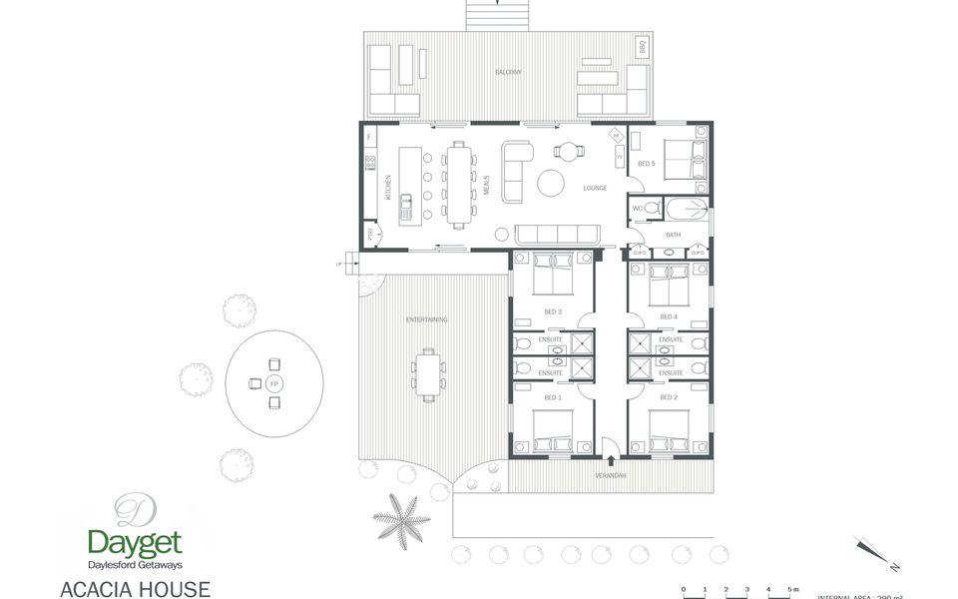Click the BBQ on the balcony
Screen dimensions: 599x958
pos(643,46)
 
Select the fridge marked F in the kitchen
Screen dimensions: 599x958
pos(369,136)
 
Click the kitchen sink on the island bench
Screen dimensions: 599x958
pos(406,208)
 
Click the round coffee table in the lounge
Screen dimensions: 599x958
pos(552,184)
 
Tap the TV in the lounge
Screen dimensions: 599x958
pos(620,158)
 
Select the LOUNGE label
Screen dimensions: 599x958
pos(595,188)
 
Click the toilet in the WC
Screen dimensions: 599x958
pos(652,208)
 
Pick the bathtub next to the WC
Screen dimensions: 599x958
pos(686,210)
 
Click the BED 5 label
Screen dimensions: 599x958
pos(646,164)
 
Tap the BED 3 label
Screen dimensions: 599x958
pos(553,312)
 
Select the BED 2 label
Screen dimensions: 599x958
pos(669,397)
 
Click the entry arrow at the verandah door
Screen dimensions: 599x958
pos(611,460)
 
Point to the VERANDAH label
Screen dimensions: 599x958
pos(611,475)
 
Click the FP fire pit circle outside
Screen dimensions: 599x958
pos(274,383)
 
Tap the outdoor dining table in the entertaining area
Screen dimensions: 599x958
pos(428,373)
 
